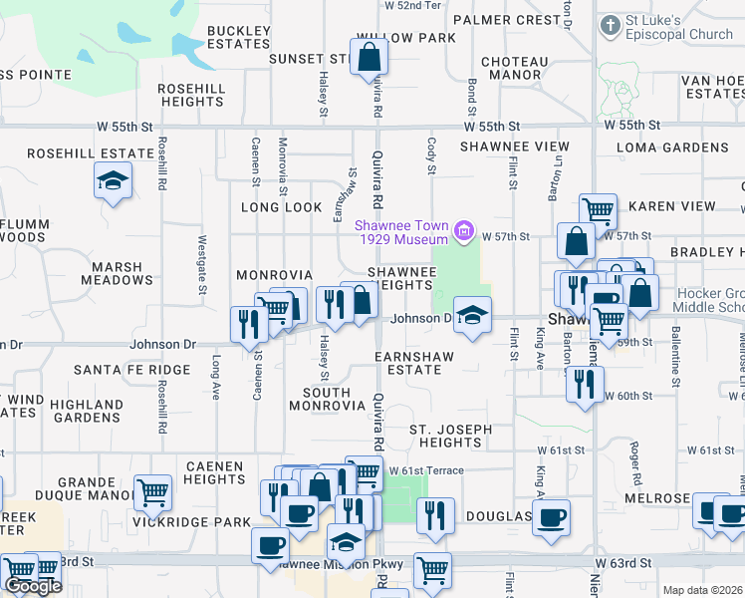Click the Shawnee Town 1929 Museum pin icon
(462, 233)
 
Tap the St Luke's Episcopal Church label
(665, 28)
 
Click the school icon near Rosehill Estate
(113, 180)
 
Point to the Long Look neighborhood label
(282, 207)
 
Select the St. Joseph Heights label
(450, 436)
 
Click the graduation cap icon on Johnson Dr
(471, 315)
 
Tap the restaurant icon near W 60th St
(584, 383)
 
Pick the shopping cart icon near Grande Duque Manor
(152, 490)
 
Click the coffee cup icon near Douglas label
(551, 516)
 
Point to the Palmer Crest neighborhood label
(506, 20)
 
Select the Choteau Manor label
(515, 68)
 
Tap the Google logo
(33, 586)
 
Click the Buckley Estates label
(239, 37)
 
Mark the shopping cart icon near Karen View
(598, 210)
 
